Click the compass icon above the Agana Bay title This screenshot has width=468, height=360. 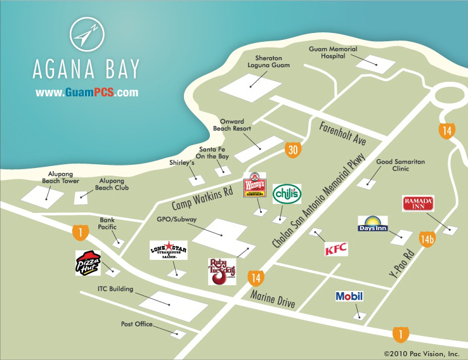(x=86, y=35)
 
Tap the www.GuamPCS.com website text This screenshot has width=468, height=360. (x=87, y=93)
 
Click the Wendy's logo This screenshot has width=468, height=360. (x=255, y=184)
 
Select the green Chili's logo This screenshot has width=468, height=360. (x=287, y=194)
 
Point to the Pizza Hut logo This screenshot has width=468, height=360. (x=88, y=263)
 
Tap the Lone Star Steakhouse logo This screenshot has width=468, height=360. (x=169, y=250)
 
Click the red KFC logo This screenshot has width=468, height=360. (x=336, y=249)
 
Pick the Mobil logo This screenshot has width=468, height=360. (x=349, y=296)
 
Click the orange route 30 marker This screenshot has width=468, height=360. (x=292, y=150)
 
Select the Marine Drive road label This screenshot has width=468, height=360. (x=272, y=298)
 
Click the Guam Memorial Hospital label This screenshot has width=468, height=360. (x=333, y=53)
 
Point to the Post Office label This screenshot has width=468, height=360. (x=136, y=324)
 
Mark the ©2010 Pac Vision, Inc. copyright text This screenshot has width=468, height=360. (x=421, y=352)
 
